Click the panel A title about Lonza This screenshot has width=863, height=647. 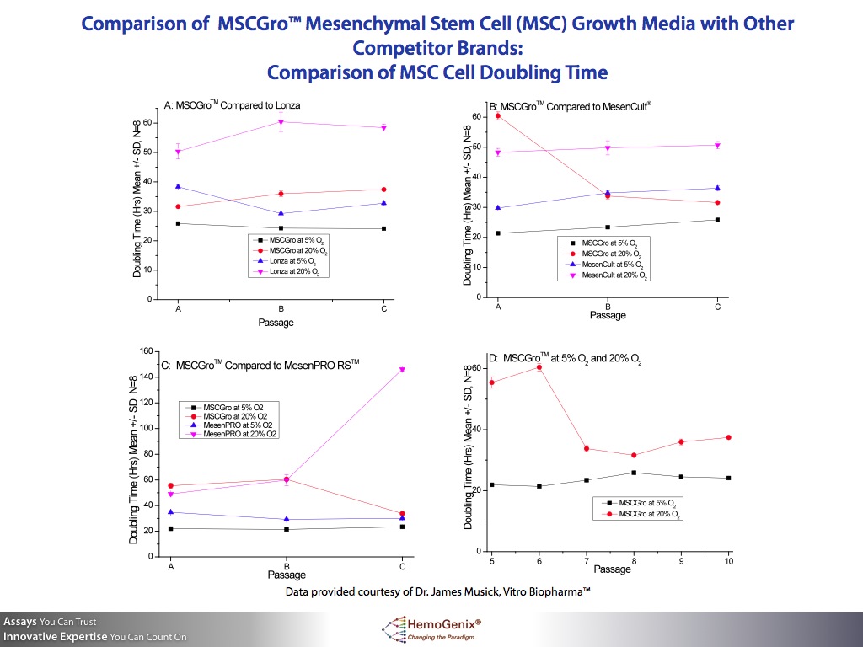(232, 105)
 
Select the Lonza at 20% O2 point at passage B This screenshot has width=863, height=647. (281, 122)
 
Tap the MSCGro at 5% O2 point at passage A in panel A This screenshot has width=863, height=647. (179, 223)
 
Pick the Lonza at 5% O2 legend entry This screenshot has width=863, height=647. (294, 260)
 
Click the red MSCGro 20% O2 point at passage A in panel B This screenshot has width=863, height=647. (498, 115)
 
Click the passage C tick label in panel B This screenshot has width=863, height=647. (717, 307)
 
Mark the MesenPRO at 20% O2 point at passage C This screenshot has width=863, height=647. (402, 369)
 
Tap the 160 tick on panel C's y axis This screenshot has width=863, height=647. (144, 351)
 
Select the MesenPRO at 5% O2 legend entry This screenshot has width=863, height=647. (234, 425)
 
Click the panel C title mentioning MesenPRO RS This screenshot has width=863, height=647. (260, 365)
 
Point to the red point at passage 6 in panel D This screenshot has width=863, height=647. (539, 367)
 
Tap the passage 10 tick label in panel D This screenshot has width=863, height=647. (728, 561)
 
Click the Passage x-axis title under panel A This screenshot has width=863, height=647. (276, 323)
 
